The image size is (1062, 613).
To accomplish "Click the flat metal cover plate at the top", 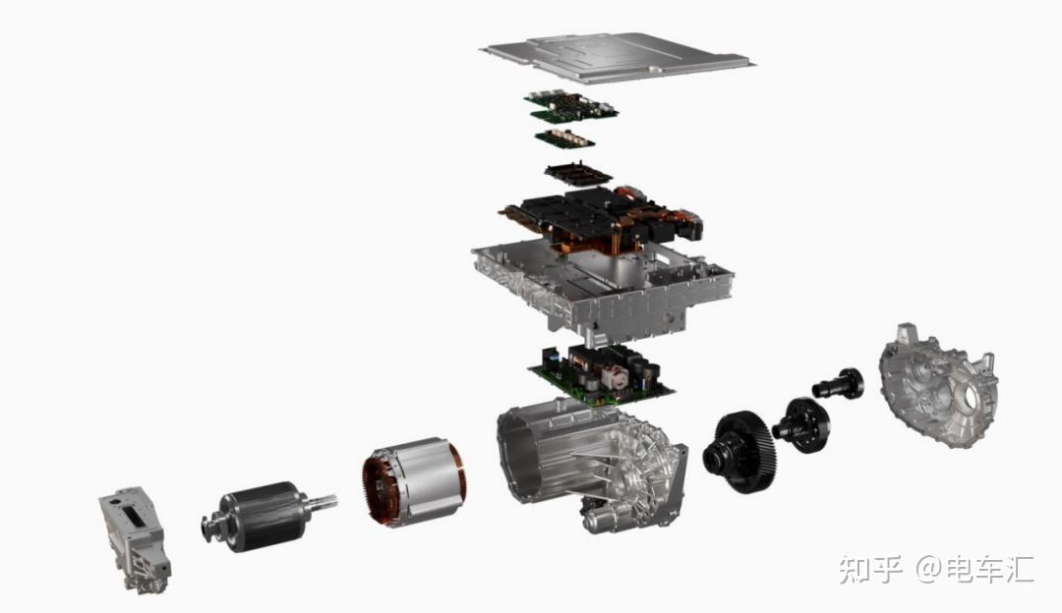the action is click(x=617, y=58).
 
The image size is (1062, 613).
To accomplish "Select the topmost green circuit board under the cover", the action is click(x=570, y=105).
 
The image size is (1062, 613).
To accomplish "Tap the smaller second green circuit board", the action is click(x=564, y=139).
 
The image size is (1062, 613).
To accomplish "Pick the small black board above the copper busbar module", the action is click(x=578, y=173).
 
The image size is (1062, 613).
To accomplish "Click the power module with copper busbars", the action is click(x=602, y=218).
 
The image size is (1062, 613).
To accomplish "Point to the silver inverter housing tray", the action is click(x=602, y=288).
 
